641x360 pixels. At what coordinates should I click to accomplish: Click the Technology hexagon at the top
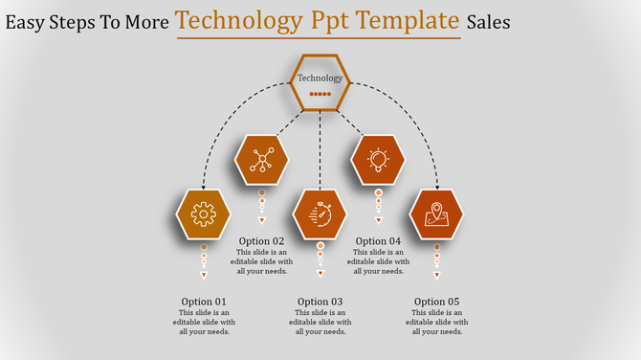pyautogui.click(x=320, y=82)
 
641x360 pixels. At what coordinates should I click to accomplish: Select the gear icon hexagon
pyautogui.click(x=204, y=214)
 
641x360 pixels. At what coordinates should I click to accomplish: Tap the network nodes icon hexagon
pyautogui.click(x=261, y=159)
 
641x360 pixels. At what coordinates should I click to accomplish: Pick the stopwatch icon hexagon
pyautogui.click(x=320, y=214)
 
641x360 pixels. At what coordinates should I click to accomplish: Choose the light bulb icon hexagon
pyautogui.click(x=378, y=159)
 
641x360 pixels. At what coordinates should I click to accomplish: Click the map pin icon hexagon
pyautogui.click(x=436, y=214)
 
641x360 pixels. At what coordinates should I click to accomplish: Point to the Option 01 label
pyautogui.click(x=203, y=302)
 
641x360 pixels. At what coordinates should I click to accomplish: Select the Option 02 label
pyautogui.click(x=261, y=241)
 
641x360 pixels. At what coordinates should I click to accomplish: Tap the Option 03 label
pyautogui.click(x=320, y=302)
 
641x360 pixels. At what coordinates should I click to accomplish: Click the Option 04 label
pyautogui.click(x=378, y=241)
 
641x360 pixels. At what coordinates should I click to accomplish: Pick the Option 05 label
pyautogui.click(x=436, y=302)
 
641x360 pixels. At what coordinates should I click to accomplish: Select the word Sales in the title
pyautogui.click(x=488, y=21)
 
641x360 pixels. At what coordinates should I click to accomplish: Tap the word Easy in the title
pyautogui.click(x=26, y=21)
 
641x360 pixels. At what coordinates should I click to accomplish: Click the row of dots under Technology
pyautogui.click(x=320, y=95)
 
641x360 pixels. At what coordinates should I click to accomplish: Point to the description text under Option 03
pyautogui.click(x=320, y=323)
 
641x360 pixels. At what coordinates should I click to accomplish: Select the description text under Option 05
pyautogui.click(x=436, y=323)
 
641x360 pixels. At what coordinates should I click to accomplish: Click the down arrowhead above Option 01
pyautogui.click(x=203, y=276)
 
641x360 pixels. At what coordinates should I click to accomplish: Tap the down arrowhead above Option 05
pyautogui.click(x=436, y=276)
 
